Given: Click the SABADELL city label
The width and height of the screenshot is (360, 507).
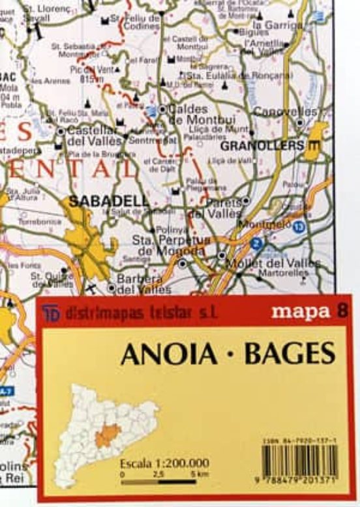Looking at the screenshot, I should coord(109,201).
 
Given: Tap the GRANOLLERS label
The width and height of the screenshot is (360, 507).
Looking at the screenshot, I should coord(271,145).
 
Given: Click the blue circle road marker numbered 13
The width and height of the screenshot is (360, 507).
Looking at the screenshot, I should coord(299,227).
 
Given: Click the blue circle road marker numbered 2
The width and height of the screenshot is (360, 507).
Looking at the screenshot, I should coord(256,243).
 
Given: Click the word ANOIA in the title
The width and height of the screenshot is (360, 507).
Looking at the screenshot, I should coord(168,353).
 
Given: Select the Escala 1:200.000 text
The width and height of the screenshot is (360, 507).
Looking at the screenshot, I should coord(164,464).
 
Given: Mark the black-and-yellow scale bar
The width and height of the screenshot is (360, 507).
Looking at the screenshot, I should coord(164,483).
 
